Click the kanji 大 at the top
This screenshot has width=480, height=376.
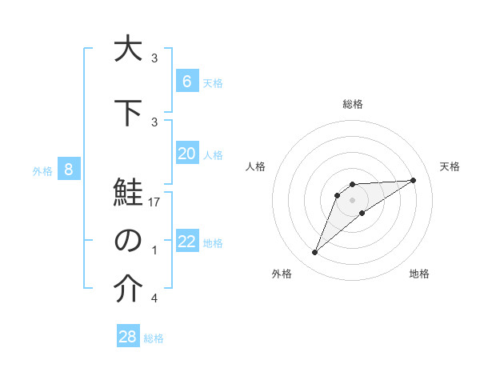coord(127,49)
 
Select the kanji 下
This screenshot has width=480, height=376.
coord(127,114)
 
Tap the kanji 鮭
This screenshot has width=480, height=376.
coord(127,196)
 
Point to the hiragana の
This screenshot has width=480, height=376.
coord(127,241)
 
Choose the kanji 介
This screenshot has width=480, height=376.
coord(127,291)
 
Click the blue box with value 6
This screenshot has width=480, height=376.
coord(186,81)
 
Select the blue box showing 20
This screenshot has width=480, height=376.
coord(186,154)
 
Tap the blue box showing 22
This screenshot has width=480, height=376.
coord(186,242)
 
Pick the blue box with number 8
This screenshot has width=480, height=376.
coord(69,169)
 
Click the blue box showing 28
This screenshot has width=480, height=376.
coord(128,337)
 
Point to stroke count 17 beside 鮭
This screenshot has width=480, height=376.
coord(154,203)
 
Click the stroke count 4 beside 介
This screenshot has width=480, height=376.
coord(154,298)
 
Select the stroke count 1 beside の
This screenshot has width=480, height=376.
coord(154,250)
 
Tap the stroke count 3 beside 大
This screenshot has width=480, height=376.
coord(154,58)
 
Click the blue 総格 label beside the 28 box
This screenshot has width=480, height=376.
coord(154,338)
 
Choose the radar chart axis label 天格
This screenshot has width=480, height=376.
coord(450,166)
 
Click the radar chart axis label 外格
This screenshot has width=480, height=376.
coord(282,274)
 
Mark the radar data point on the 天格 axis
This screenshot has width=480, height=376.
coord(413,180)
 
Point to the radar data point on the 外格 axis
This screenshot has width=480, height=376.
coord(315,253)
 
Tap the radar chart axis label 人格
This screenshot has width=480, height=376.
coord(256,166)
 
